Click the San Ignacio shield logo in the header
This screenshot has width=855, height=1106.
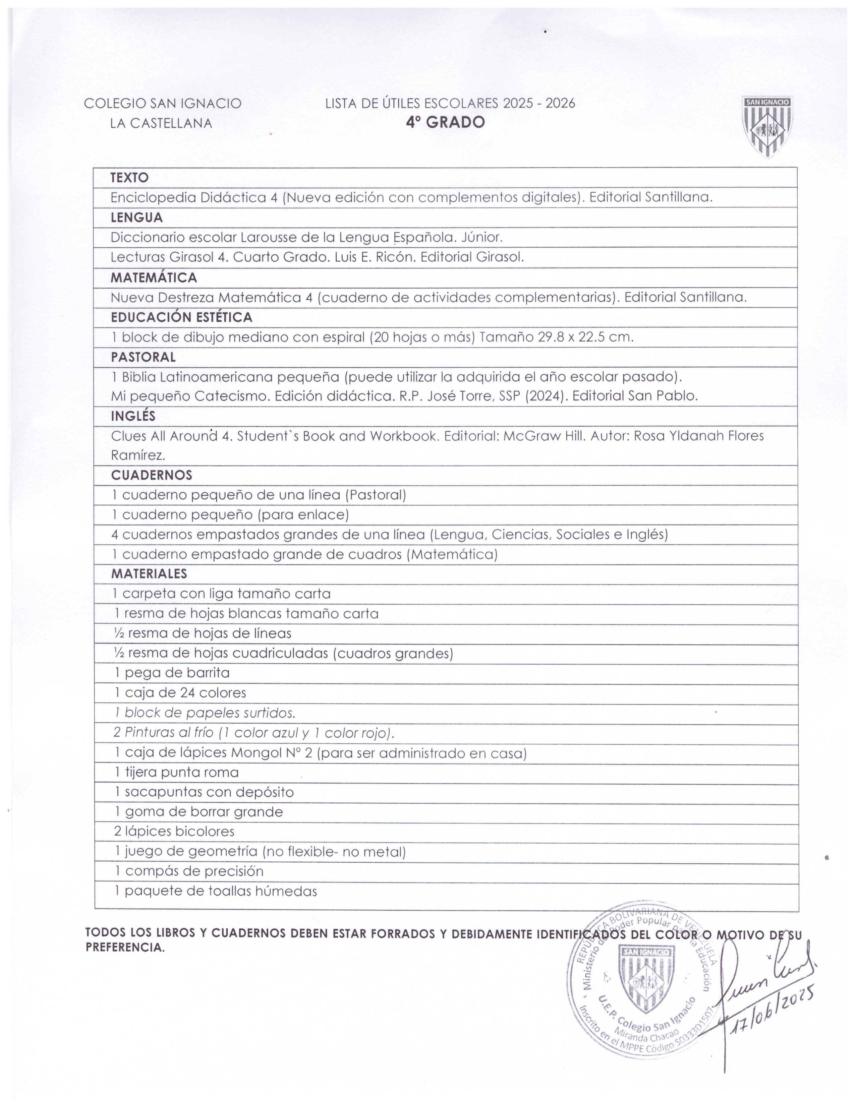(x=767, y=127)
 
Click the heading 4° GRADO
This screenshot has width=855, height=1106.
(x=445, y=123)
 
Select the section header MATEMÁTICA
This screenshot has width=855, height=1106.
(x=154, y=278)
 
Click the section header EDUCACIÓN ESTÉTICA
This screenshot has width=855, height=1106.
(x=181, y=317)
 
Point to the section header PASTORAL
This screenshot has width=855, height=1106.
(x=144, y=357)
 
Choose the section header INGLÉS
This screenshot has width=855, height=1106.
(x=133, y=416)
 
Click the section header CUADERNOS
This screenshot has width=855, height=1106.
(x=152, y=475)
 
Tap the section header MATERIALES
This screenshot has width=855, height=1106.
(x=149, y=574)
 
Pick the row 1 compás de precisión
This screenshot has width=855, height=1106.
(x=189, y=871)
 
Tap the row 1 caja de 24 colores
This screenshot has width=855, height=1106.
(x=180, y=693)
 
